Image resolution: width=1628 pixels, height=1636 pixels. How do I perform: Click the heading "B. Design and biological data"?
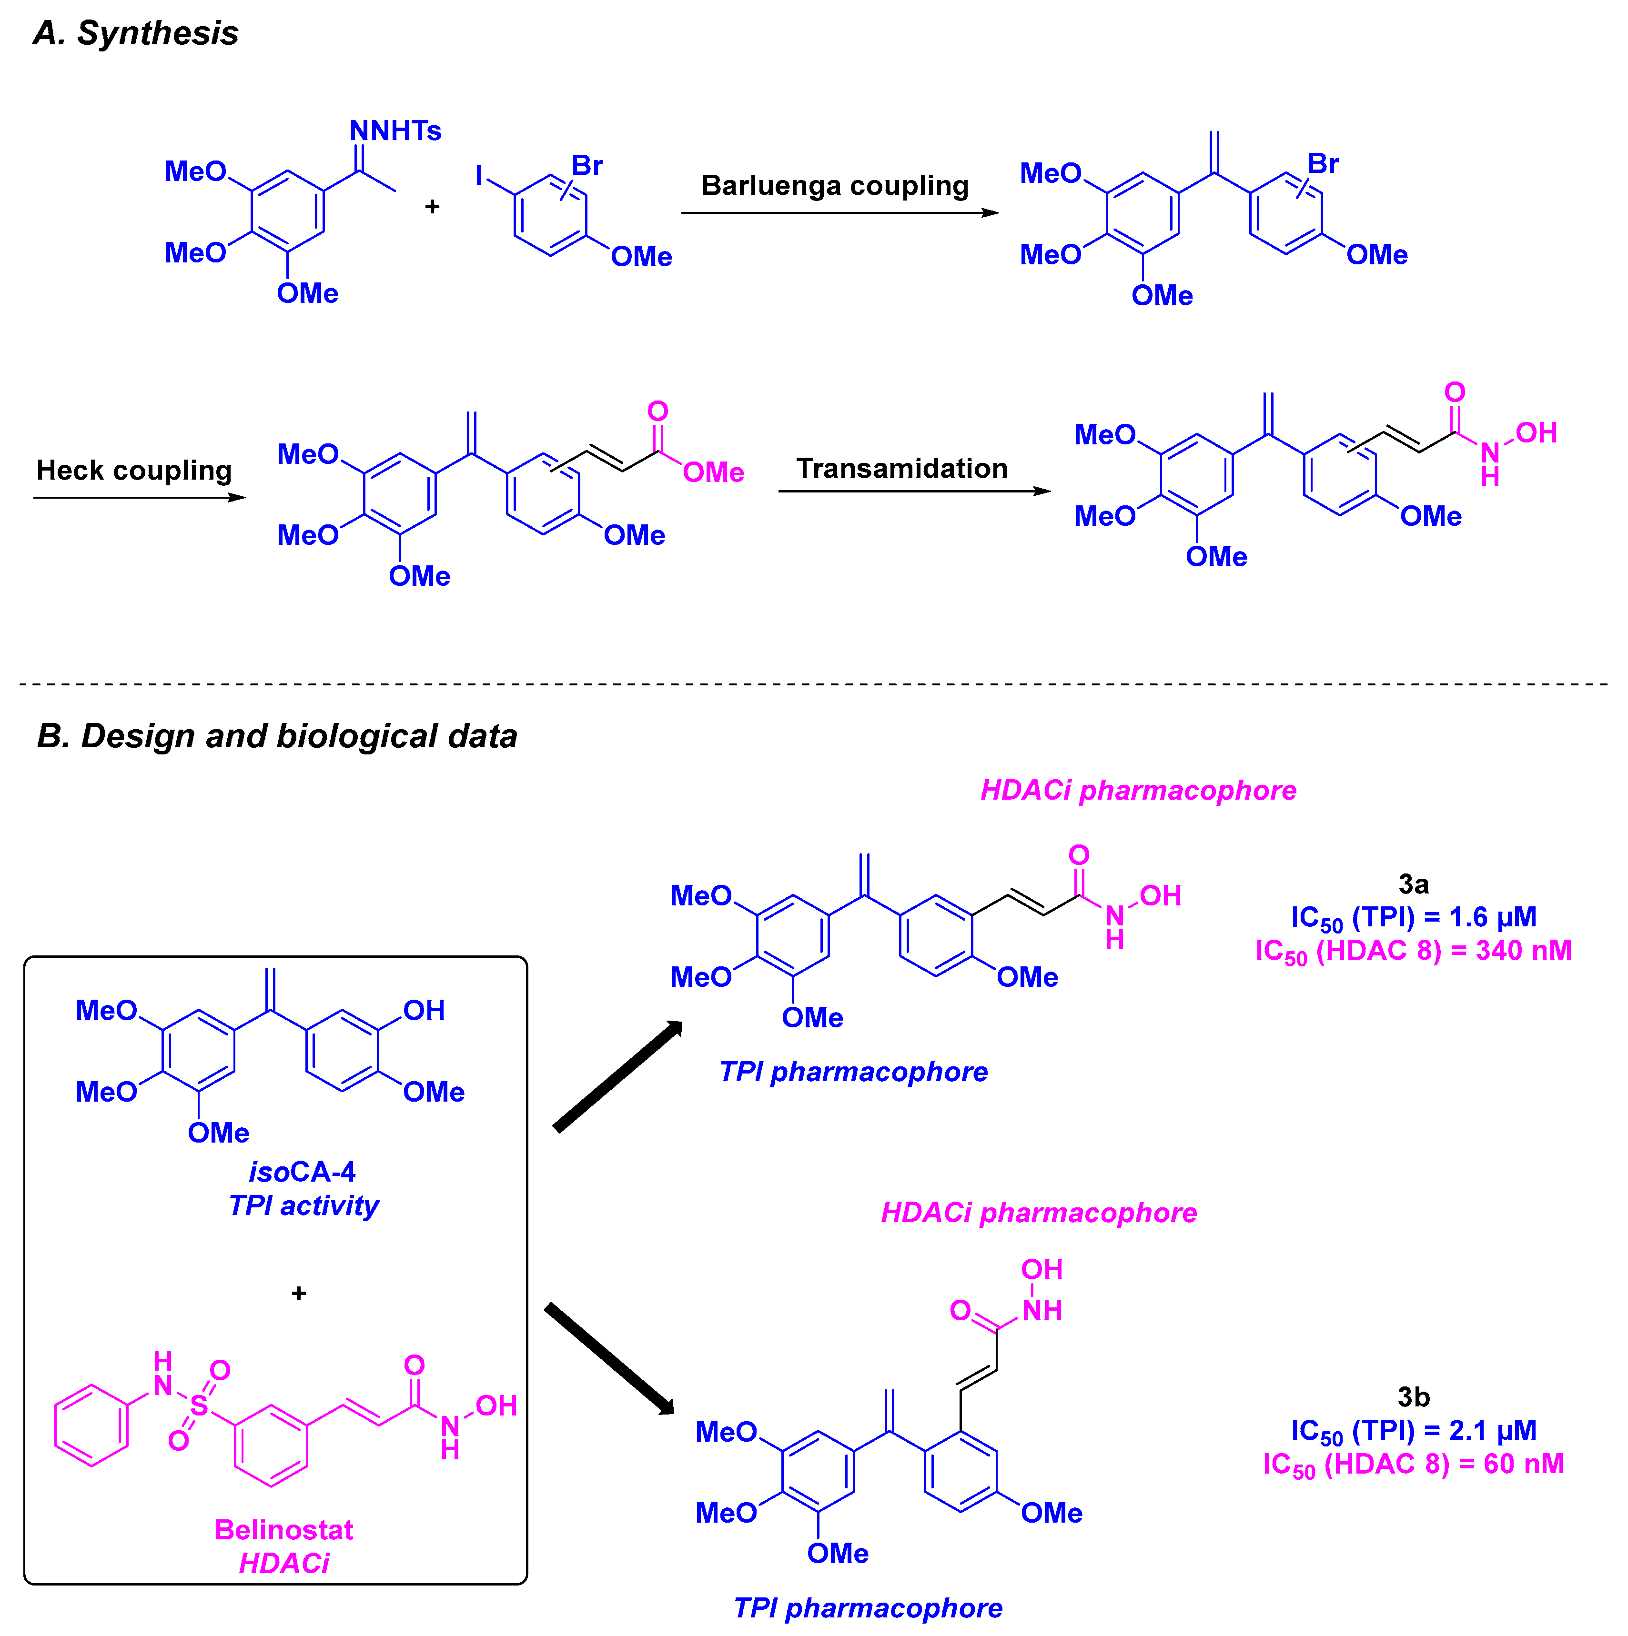pos(276,736)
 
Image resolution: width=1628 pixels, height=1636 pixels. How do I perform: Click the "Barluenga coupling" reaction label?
pos(834,185)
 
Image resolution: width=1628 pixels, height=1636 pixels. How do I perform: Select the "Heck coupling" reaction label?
pos(134,470)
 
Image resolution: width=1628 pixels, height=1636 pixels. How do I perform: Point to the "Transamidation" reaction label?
pos(901,468)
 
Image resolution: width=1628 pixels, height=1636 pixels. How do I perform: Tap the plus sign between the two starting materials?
pos(432,207)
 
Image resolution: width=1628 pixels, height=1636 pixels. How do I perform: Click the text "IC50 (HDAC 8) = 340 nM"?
pos(1413,951)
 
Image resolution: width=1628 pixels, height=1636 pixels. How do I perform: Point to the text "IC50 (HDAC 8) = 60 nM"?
pos(1413,1464)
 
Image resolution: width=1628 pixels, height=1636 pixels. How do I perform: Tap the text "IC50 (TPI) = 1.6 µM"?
pos(1413,917)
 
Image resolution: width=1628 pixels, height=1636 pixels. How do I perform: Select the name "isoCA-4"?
pos(303,1172)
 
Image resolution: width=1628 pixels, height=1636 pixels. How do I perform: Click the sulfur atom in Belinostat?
pos(199,1405)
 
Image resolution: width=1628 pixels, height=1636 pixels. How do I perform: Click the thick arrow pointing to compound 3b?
pos(610,1358)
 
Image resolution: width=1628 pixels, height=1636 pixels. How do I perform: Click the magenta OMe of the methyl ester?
pos(713,472)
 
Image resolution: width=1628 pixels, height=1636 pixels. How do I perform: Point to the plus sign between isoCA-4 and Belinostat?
pos(298,1293)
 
